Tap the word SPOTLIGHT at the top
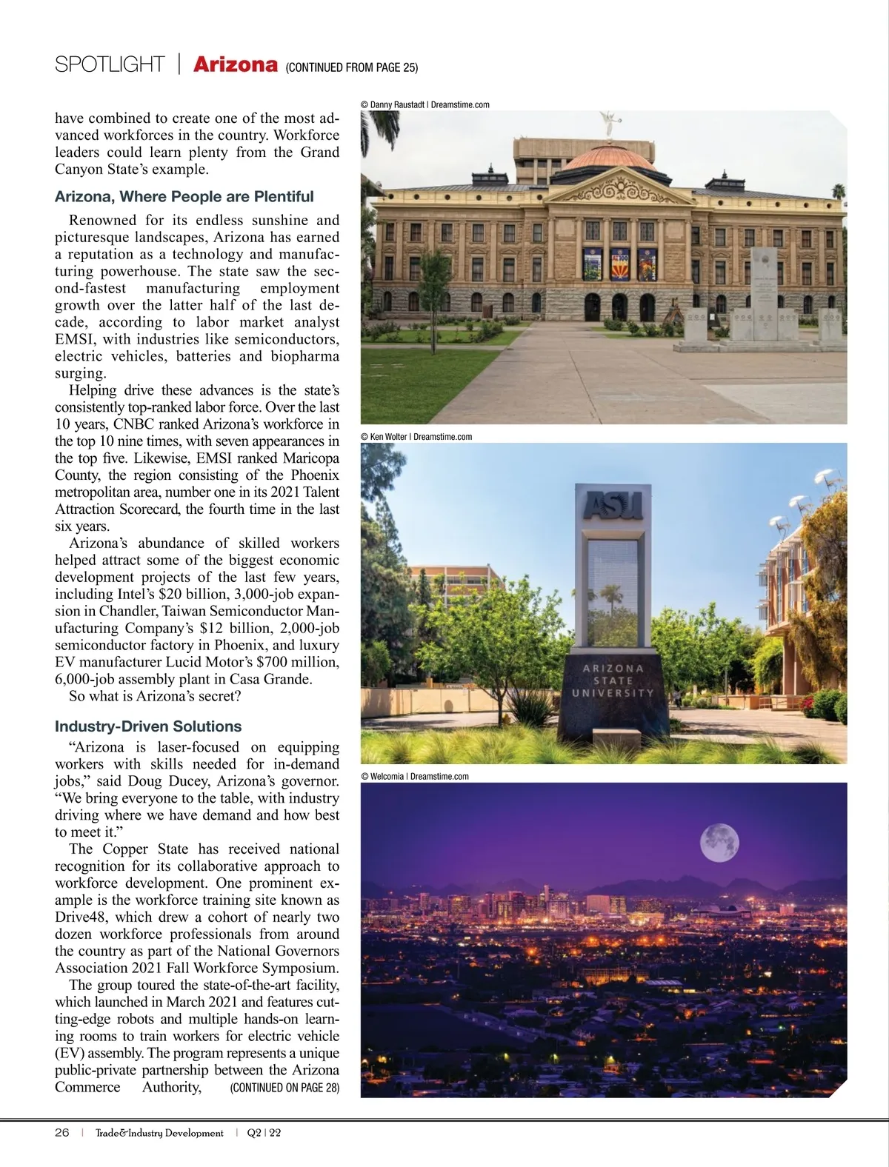(x=110, y=65)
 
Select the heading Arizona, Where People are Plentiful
(x=184, y=197)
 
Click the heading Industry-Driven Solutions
(x=148, y=726)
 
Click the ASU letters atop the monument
(x=613, y=506)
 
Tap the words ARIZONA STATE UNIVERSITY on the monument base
(x=613, y=681)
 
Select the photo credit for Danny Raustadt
(x=424, y=105)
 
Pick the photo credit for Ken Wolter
(x=416, y=437)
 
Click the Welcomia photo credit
(x=415, y=776)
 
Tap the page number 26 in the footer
(x=62, y=1133)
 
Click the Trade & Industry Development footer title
(x=159, y=1133)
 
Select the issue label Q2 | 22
(x=264, y=1133)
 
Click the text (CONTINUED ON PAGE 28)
(x=284, y=1088)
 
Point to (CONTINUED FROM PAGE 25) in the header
(x=351, y=67)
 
